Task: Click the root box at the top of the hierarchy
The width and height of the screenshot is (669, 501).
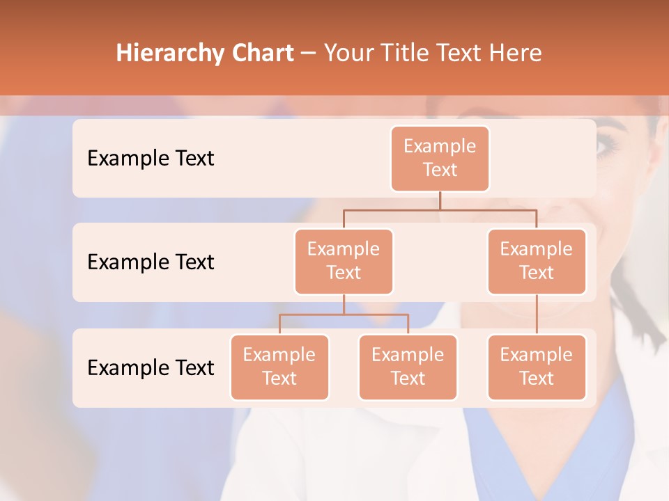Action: pyautogui.click(x=440, y=158)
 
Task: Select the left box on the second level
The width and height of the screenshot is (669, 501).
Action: pyautogui.click(x=344, y=261)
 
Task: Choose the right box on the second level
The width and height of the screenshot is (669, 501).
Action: pyautogui.click(x=537, y=261)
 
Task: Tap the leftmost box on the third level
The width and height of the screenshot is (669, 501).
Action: pyautogui.click(x=279, y=367)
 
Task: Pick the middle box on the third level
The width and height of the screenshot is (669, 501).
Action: pyautogui.click(x=408, y=367)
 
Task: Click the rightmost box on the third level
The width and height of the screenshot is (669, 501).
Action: pyautogui.click(x=537, y=367)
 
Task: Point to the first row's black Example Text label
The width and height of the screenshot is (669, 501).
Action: pyautogui.click(x=151, y=159)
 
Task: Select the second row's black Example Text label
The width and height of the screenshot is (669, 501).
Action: pyautogui.click(x=151, y=262)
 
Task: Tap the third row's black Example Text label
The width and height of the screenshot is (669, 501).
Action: pyautogui.click(x=151, y=367)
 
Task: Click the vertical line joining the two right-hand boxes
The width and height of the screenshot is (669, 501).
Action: pyautogui.click(x=537, y=315)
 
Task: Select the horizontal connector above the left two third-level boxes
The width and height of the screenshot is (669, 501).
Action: pyautogui.click(x=344, y=315)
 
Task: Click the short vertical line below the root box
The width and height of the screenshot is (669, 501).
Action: pyautogui.click(x=440, y=200)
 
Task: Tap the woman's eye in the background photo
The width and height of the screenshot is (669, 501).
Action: pyautogui.click(x=607, y=146)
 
